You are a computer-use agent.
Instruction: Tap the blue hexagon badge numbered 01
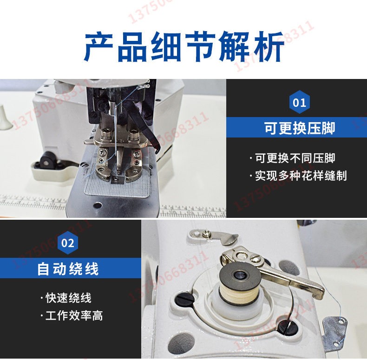[x=300, y=102]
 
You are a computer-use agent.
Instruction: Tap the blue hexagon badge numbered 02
[x=68, y=242]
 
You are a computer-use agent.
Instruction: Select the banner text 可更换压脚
[x=300, y=128]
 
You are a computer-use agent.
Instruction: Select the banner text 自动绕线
[x=68, y=268]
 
